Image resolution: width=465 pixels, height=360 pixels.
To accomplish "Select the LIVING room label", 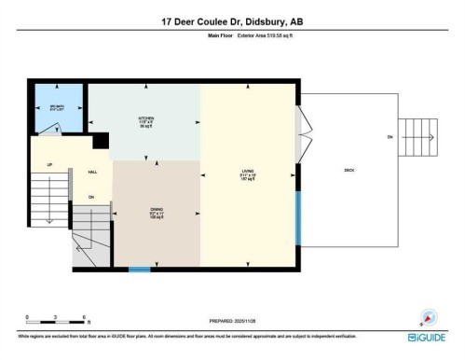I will pos(247,173).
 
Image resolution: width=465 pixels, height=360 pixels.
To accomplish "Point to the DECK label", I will pos(349,170).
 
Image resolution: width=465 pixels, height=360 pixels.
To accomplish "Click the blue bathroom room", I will pos(58,108).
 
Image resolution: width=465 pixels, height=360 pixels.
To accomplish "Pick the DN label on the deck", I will pos(390,137).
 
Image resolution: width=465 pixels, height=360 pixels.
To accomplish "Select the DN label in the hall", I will pos(91,198).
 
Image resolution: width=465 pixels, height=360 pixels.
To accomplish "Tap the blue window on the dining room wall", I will pos(140,270).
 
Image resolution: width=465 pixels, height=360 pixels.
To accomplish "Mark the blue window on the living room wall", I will pos(297,216).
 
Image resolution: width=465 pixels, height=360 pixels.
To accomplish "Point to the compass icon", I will pos(430,317).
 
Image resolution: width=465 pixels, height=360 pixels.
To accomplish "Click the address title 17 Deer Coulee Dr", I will pos(232,21).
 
